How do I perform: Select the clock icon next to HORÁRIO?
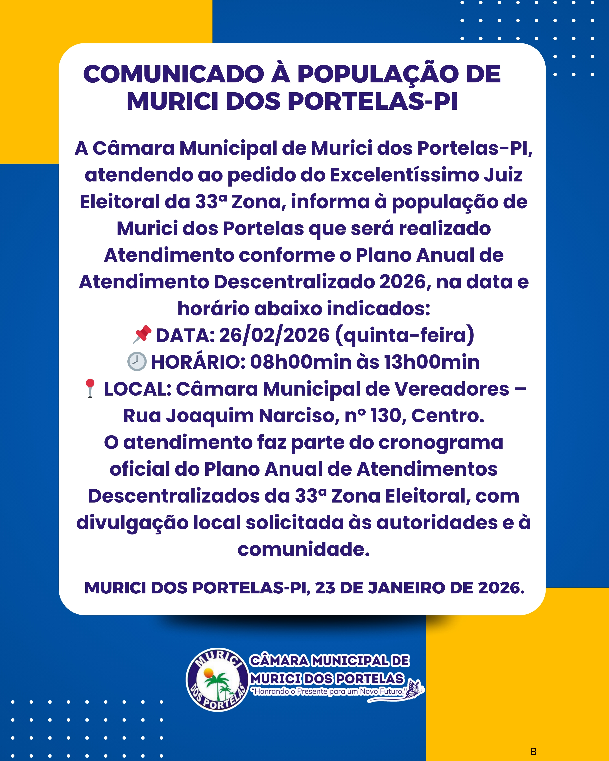(x=137, y=361)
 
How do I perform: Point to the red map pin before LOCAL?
(x=90, y=388)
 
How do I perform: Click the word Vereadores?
(x=451, y=389)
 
